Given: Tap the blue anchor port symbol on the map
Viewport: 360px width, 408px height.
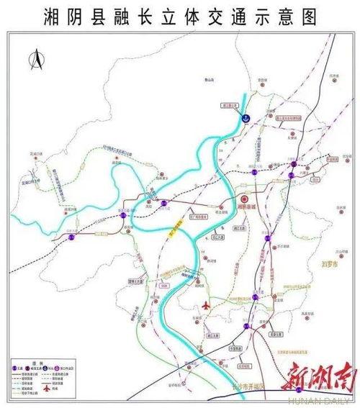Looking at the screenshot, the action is [x=245, y=117].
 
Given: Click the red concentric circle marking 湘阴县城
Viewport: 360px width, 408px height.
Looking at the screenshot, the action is [x=244, y=201].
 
